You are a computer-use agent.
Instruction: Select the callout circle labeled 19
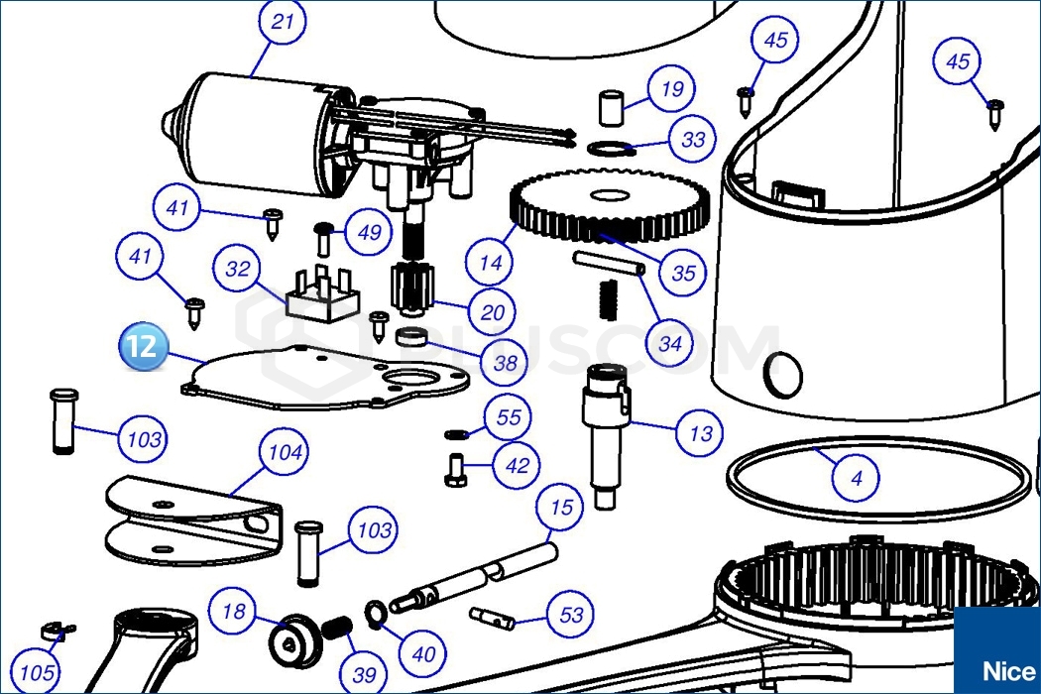671,90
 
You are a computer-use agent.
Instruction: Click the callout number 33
693,140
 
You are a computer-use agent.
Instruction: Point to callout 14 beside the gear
491,264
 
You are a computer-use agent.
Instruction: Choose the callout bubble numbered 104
284,453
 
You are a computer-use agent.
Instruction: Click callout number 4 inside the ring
857,478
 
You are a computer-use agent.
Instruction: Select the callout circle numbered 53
571,615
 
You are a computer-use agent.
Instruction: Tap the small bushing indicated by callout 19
612,106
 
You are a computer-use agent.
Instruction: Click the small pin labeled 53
492,616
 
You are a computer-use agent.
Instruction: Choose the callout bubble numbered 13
700,432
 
